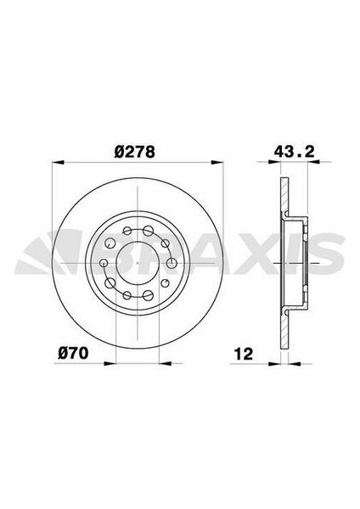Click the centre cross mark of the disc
137,262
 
